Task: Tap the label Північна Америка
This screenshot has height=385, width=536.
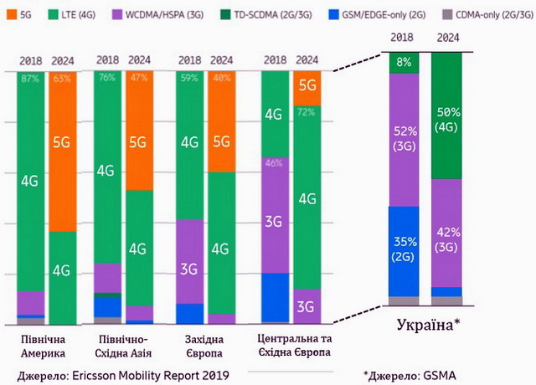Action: click(x=44, y=346)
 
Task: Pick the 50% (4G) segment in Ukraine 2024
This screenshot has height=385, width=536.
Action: click(x=447, y=116)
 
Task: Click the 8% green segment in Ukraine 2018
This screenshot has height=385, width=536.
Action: click(x=404, y=61)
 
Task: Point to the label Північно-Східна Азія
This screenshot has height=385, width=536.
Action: click(x=121, y=346)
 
